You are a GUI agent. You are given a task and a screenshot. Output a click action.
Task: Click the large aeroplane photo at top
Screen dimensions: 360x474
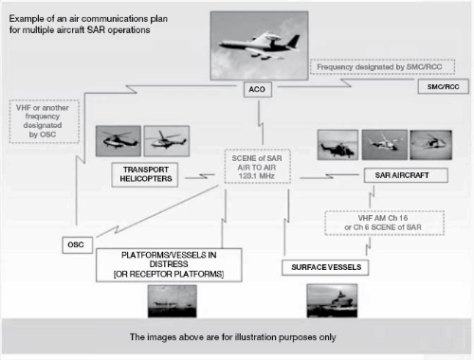point(258,43)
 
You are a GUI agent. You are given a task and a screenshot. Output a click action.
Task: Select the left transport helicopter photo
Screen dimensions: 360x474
point(118,142)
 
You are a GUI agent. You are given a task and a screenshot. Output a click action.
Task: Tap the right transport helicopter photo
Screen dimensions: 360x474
point(166,142)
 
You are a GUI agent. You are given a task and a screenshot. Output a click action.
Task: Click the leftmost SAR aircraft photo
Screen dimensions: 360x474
point(337,146)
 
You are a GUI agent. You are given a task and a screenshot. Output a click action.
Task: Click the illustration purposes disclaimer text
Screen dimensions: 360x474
point(237,336)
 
